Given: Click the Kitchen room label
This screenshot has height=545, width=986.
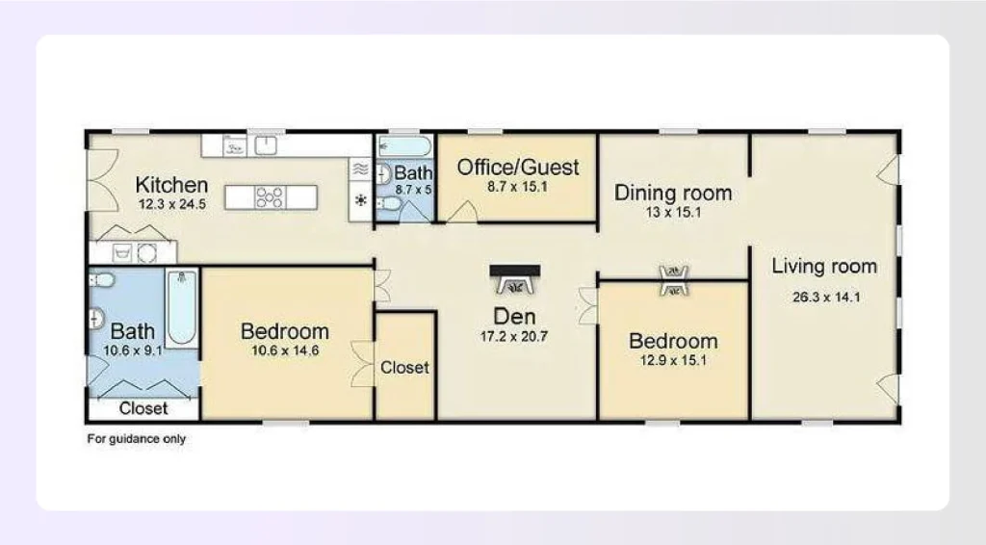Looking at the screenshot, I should click(x=171, y=185).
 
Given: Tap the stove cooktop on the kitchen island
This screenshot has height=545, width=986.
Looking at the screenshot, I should click(x=270, y=196).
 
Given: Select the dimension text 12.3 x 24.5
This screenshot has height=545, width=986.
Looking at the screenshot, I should click(x=171, y=203).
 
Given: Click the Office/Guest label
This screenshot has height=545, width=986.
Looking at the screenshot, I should click(x=518, y=168).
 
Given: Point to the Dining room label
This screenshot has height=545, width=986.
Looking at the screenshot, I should click(x=673, y=193).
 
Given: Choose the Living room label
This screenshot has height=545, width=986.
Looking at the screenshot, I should click(x=824, y=267).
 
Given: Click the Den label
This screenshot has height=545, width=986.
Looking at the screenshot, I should click(x=514, y=317).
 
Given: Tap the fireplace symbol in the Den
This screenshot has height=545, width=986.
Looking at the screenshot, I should click(x=515, y=280).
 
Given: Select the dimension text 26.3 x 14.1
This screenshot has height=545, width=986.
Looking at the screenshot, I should click(x=825, y=297).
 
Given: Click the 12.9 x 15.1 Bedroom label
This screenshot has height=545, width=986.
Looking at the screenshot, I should click(x=673, y=341).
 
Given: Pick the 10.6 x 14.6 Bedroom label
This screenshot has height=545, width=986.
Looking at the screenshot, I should click(x=285, y=332).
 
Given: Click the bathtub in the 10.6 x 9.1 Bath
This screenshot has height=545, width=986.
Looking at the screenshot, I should click(x=182, y=307).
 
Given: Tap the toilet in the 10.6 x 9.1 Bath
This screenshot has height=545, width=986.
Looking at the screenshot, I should click(x=102, y=280).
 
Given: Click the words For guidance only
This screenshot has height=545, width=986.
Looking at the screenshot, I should click(x=137, y=439).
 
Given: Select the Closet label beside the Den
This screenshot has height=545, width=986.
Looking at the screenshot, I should click(x=404, y=368).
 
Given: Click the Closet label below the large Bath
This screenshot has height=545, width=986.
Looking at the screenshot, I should click(x=143, y=408).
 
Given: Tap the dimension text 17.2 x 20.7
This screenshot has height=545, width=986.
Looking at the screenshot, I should click(x=514, y=337).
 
